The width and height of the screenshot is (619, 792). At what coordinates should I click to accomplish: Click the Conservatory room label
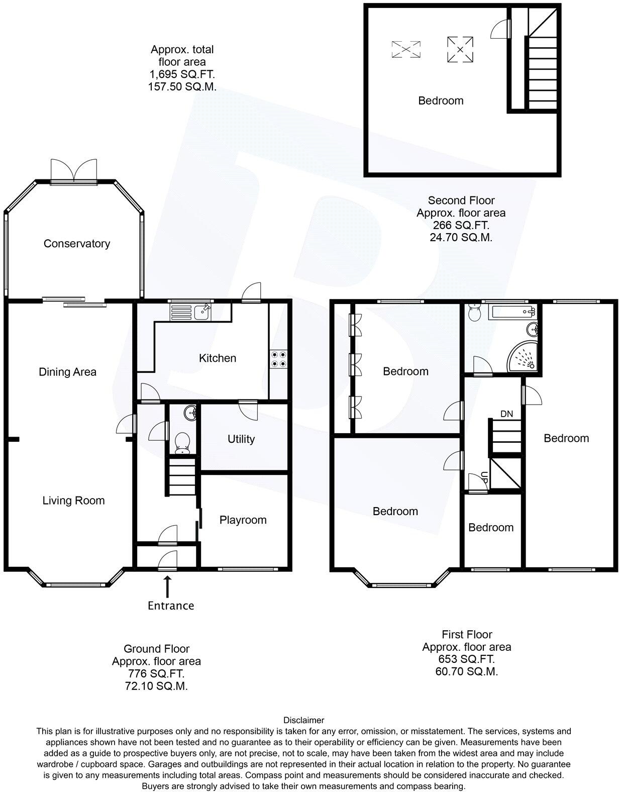76,244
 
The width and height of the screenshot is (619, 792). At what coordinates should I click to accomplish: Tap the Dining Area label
67,372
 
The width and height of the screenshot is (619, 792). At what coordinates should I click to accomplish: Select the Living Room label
73,501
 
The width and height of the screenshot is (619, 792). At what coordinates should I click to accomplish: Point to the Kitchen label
218,358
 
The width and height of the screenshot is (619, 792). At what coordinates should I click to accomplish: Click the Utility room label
241,439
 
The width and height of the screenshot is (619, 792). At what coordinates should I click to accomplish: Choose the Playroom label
243,520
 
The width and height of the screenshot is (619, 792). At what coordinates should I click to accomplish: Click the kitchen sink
203,312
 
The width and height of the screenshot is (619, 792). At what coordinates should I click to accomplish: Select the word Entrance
171,606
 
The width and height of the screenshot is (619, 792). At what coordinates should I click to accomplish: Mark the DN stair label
506,414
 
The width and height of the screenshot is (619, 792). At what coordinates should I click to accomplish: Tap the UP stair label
484,477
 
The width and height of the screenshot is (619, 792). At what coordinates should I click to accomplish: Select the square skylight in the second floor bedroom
460,49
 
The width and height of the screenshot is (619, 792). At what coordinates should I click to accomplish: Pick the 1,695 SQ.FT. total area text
182,74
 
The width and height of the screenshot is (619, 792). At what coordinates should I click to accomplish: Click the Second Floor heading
461,201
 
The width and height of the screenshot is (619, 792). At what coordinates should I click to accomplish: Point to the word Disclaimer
304,720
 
